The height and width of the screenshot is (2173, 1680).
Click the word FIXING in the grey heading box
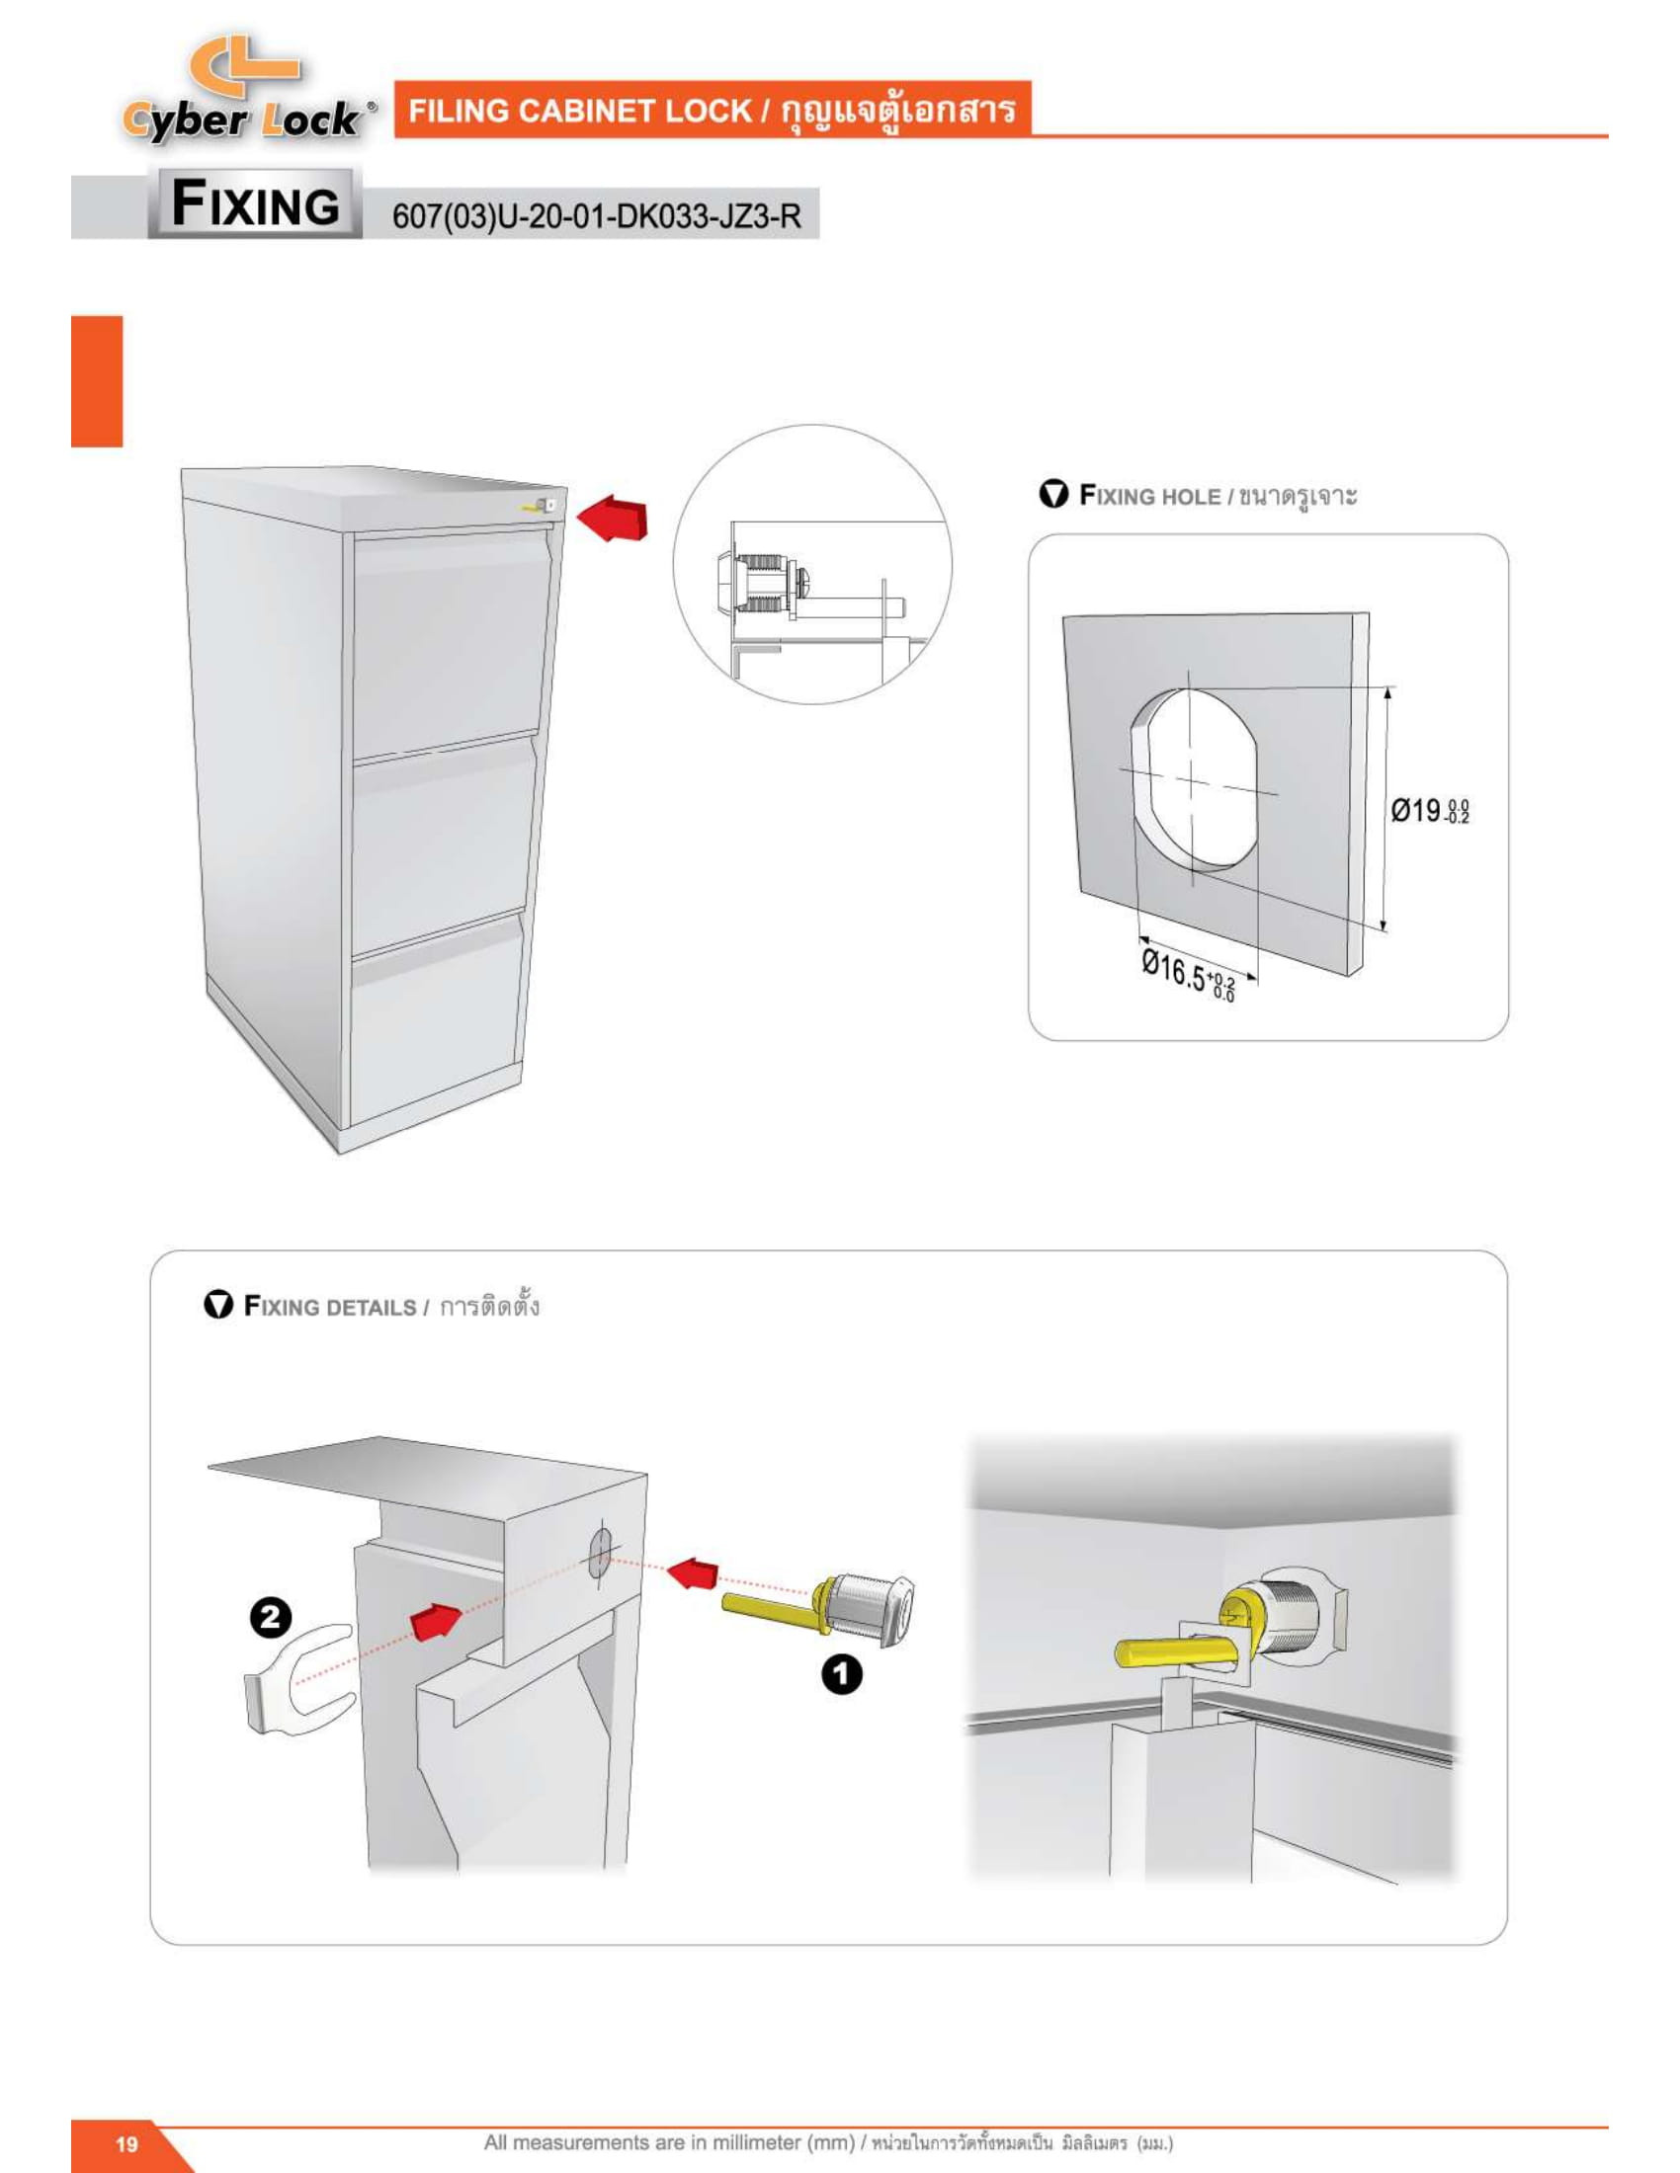[x=256, y=205]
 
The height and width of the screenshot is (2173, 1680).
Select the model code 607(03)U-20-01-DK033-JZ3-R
[x=596, y=216]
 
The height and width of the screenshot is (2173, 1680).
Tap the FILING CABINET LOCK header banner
[x=712, y=110]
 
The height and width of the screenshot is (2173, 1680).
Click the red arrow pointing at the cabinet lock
[x=614, y=520]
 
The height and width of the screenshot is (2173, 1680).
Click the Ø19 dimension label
[x=1429, y=811]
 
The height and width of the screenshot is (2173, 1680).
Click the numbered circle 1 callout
[x=841, y=1674]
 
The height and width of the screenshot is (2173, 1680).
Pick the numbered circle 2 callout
[x=270, y=1617]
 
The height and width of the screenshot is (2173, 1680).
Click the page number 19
[x=126, y=2143]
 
